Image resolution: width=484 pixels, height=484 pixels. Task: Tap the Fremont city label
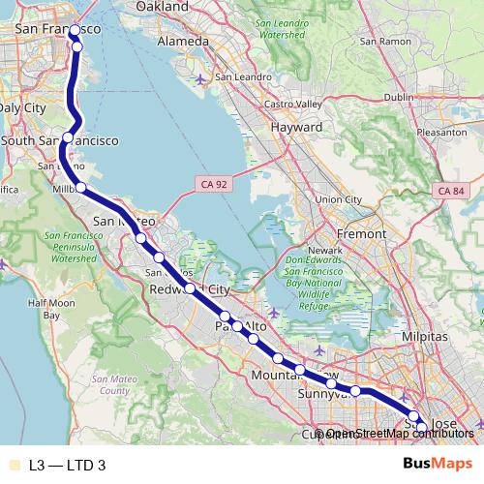[360, 234]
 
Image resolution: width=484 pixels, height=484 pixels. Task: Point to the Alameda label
[183, 42]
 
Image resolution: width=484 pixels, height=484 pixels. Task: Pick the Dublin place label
[399, 97]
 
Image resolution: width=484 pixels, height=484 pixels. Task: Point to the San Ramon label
[378, 42]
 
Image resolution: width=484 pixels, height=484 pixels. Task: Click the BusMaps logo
[439, 464]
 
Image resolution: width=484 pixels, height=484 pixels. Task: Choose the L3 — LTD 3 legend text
[67, 466]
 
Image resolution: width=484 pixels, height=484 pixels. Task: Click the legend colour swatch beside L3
[13, 466]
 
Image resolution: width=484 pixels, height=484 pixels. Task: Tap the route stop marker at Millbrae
[81, 187]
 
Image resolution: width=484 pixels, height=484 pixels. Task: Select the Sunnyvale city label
[322, 395]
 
